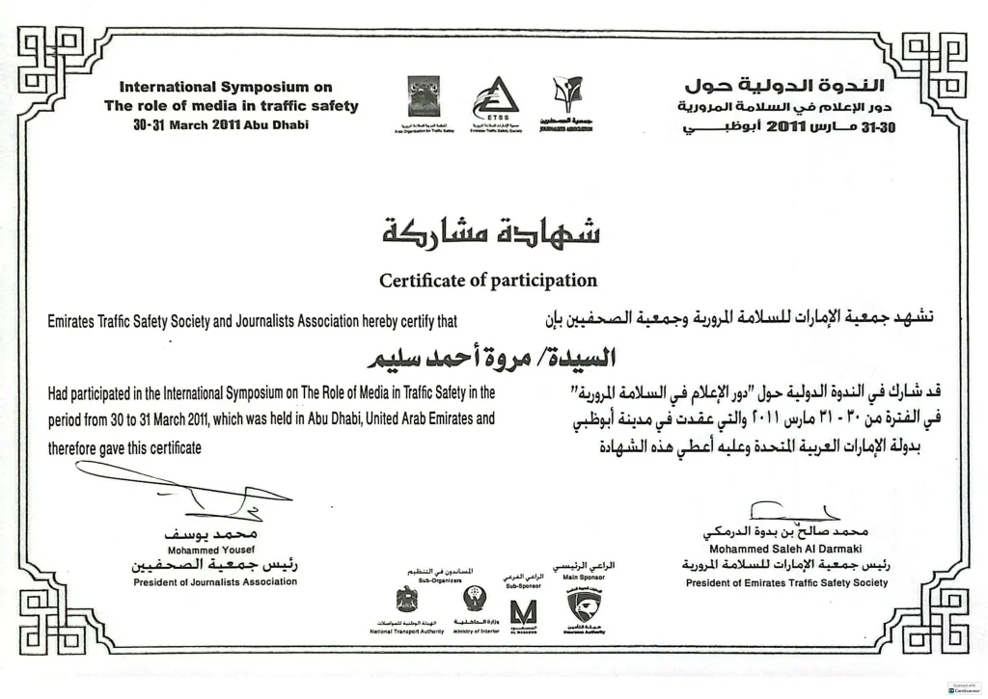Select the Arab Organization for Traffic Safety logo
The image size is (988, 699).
pyautogui.click(x=423, y=96)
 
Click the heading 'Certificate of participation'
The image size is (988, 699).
pyautogui.click(x=487, y=281)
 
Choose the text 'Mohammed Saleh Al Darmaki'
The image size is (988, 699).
pyautogui.click(x=784, y=549)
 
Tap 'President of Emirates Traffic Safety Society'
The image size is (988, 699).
pyautogui.click(x=786, y=582)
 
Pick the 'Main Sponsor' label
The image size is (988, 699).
pyautogui.click(x=583, y=577)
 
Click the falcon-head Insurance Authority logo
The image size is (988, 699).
pyautogui.click(x=583, y=606)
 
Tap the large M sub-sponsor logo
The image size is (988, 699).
pyautogui.click(x=524, y=611)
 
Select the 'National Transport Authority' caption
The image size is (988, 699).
pyautogui.click(x=406, y=631)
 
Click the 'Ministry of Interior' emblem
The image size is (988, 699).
pyautogui.click(x=474, y=600)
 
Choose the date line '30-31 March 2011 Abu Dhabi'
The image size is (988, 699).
pyautogui.click(x=221, y=124)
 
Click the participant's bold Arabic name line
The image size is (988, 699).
pyautogui.click(x=495, y=358)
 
